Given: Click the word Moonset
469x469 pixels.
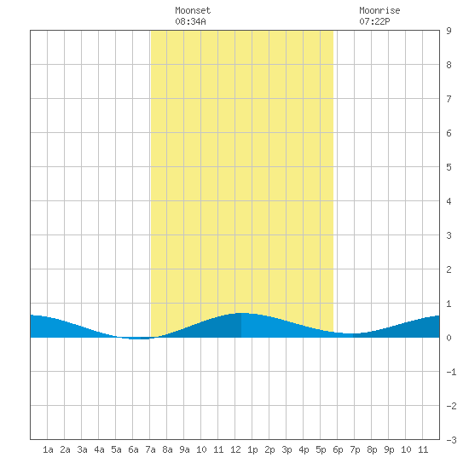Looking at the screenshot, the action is coord(193,10).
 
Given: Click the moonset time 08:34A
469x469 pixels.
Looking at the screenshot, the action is coord(190,21).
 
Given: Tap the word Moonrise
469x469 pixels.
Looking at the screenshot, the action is coord(379,10).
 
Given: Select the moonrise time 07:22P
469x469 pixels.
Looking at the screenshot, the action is coord(374,21).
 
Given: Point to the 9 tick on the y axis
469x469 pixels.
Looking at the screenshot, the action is coord(449,31).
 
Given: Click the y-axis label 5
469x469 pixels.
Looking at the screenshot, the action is coord(449,167).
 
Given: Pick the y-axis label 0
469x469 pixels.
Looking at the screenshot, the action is coord(449,338).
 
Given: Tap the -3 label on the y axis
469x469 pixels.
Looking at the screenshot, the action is coord(451,440).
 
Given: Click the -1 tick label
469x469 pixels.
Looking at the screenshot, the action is coord(451,372).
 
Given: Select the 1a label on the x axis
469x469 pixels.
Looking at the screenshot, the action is coord(48,449).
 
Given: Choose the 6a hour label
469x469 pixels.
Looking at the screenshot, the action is coord(133,449).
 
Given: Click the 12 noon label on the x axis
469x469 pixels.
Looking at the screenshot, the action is coord(235,449).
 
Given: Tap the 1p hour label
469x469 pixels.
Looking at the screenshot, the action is coord(252,449).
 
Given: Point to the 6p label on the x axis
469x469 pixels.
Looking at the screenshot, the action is coord(338,449).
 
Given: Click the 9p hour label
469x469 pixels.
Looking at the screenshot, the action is coord(389,449).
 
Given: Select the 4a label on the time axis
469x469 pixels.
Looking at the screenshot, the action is coord(99,449).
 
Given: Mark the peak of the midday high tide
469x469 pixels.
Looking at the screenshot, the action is coord(243,313).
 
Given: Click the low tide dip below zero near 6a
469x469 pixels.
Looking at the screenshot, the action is coord(138,339).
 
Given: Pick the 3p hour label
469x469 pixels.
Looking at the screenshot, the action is coord(287,449).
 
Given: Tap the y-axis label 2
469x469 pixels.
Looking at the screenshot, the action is coord(449,269).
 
